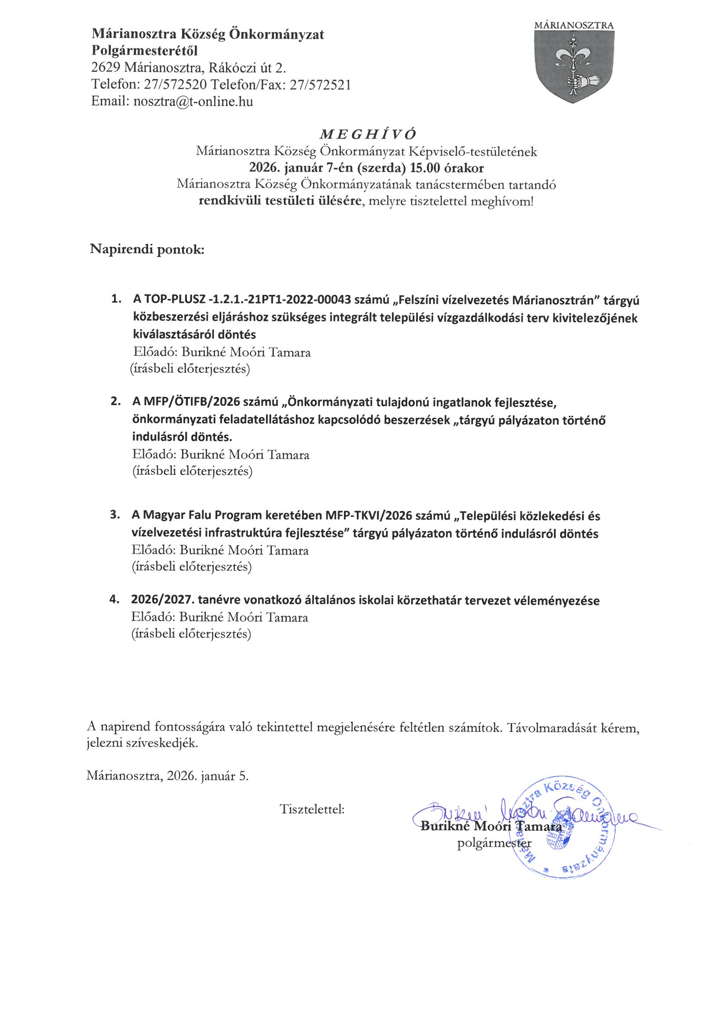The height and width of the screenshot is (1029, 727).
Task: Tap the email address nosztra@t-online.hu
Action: tap(193, 102)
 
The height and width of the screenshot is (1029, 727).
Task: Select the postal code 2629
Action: tap(106, 68)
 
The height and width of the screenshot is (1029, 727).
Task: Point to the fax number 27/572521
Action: tap(320, 85)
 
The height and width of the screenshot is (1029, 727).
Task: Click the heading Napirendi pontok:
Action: tap(147, 250)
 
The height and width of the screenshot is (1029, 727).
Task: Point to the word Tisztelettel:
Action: tap(312, 809)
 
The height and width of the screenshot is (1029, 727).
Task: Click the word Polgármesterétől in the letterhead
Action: tap(144, 51)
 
